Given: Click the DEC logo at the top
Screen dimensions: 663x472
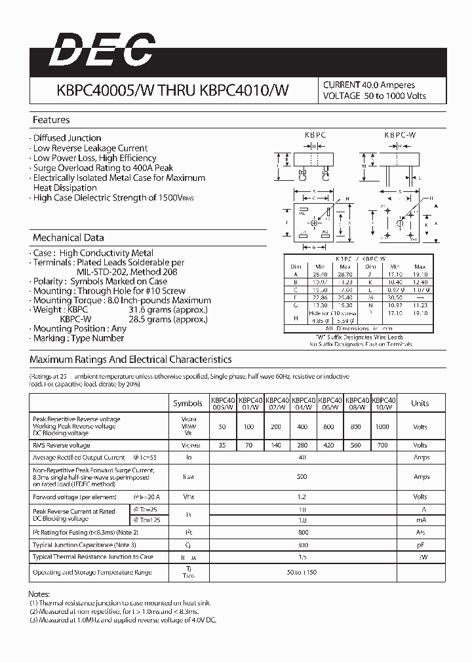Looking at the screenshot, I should (102, 50).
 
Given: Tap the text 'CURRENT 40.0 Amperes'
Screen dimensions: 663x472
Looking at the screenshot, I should (368, 85).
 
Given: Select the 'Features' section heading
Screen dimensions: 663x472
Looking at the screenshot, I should (51, 120).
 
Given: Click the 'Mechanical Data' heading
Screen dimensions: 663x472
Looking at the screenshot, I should (68, 238).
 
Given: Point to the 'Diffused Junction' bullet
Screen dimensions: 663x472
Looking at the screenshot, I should (67, 138).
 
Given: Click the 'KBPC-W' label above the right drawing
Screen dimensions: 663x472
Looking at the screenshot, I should (400, 134).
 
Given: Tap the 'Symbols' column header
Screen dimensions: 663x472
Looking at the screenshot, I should (187, 404).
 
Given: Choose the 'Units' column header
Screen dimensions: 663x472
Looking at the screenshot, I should (420, 404).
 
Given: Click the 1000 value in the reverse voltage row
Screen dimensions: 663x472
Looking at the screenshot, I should (382, 426).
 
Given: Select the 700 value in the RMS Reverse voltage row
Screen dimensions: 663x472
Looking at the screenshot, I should (382, 445).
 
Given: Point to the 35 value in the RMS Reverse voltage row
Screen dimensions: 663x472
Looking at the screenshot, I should (222, 445).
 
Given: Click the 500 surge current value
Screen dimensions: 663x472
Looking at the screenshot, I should (302, 477).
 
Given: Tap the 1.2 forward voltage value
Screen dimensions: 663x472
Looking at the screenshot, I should (302, 497).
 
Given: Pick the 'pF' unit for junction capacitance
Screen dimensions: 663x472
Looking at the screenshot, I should (420, 544).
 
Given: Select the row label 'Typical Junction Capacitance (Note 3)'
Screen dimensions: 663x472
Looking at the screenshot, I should (85, 544).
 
